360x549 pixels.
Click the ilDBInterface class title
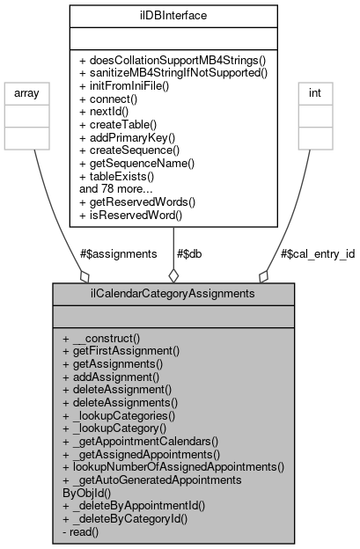pos(173,14)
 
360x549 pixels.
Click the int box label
pos(313,92)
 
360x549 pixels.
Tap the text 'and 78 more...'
pos(117,188)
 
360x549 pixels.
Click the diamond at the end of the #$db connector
pos(173,274)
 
